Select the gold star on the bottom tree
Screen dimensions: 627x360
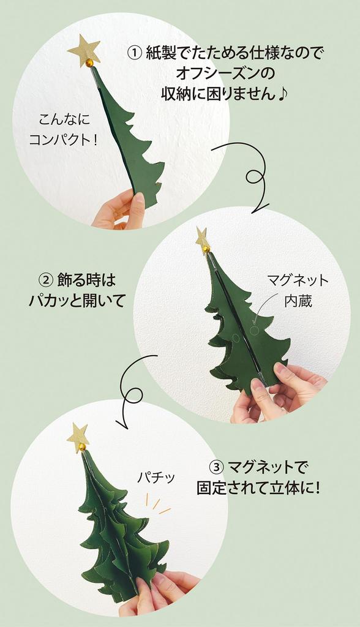point(78,436)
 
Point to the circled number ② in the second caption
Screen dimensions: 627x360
point(46,280)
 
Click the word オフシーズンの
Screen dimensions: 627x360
point(225,73)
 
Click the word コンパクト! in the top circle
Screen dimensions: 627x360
point(64,139)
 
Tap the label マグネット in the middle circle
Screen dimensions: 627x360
point(298,280)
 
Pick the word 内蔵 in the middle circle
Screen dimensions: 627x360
point(298,301)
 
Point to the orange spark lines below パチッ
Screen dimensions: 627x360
point(156,505)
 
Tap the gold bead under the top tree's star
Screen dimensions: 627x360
point(89,62)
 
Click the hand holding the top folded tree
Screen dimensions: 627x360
point(120,211)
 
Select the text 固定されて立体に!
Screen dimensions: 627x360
point(258,489)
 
